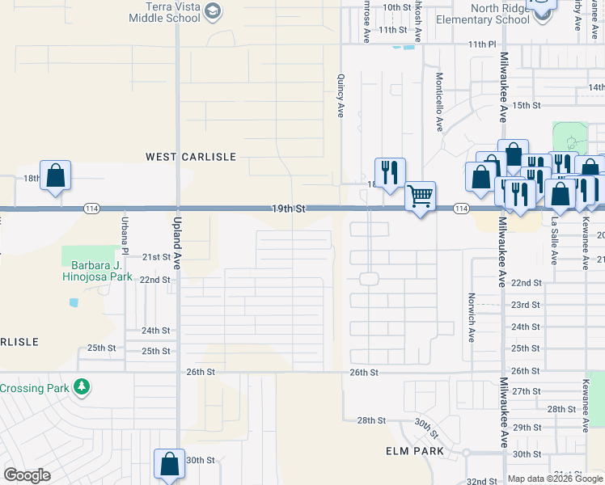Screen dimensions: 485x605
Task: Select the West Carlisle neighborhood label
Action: (x=190, y=156)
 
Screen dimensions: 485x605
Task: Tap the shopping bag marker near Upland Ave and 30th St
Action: (x=169, y=464)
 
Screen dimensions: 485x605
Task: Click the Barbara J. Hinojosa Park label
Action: (x=97, y=270)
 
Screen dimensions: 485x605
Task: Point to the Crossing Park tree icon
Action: (x=81, y=388)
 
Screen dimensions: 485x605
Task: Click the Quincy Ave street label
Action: (x=341, y=97)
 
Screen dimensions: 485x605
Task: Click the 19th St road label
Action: (x=289, y=208)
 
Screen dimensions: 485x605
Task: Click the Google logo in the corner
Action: (x=27, y=475)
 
